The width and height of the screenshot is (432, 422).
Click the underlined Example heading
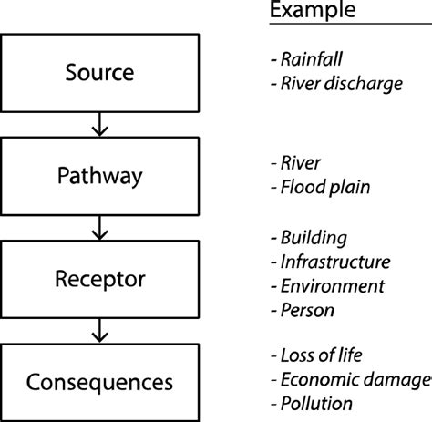pos(312,11)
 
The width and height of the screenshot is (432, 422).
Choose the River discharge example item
pos(336,85)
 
